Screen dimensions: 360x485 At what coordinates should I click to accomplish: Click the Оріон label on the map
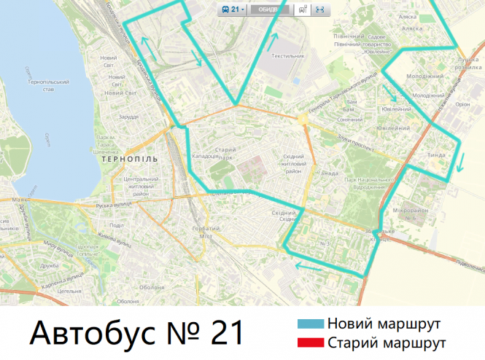(462, 104)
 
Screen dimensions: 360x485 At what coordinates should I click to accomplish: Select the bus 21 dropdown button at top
(233, 9)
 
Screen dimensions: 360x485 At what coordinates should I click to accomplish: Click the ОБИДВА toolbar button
(268, 9)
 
